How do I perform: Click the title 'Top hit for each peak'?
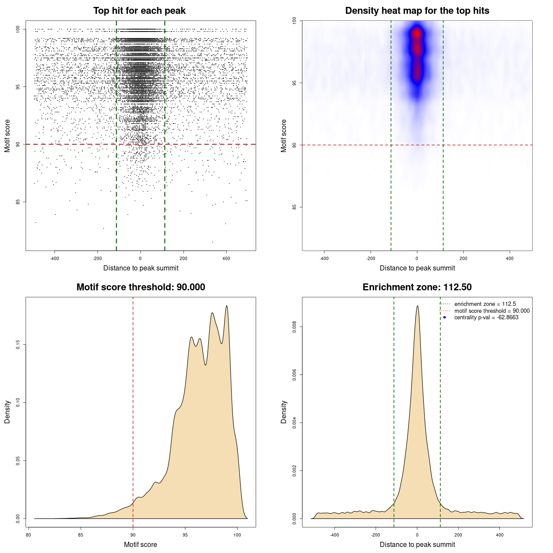140,11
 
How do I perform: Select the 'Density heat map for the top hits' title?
417,11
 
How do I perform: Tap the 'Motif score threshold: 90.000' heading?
141,287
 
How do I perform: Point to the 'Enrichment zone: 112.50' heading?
417,287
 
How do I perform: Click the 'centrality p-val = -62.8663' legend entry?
486,318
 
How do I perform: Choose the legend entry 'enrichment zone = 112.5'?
485,304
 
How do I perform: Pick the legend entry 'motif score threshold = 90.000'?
492,311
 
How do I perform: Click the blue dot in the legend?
445,318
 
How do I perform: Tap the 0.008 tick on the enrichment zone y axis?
295,327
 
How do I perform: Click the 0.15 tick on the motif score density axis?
18,344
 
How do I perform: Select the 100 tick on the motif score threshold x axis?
237,535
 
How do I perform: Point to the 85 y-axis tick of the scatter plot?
18,202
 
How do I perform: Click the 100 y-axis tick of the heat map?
295,21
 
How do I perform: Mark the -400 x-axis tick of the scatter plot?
54,258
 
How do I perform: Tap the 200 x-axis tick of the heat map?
464,258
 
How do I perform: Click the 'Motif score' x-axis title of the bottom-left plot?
140,544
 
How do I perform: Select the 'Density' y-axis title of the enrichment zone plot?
284,412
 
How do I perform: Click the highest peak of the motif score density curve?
226,306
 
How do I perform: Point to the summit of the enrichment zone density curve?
417,306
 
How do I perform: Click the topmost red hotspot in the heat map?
417,33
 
